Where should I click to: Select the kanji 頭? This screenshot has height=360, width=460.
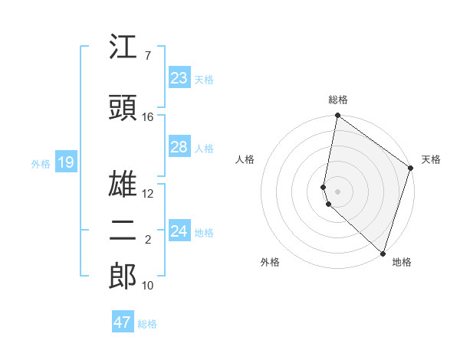tap(123, 108)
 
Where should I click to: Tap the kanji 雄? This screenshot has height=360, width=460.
tap(123, 185)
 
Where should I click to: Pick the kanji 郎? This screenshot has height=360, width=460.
tap(123, 277)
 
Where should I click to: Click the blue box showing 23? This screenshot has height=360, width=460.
tap(179, 78)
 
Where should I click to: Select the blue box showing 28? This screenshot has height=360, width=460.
tap(179, 147)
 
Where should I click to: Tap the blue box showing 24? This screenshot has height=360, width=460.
tap(179, 231)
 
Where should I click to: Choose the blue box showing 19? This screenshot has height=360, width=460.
tap(65, 162)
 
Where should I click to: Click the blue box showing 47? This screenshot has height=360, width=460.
tap(123, 322)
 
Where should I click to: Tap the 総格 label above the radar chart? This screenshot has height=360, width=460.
tap(338, 100)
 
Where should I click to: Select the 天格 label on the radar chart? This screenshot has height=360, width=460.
tap(431, 159)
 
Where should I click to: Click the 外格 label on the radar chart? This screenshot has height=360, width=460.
tap(270, 262)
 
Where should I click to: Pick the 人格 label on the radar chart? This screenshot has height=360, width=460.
tap(245, 159)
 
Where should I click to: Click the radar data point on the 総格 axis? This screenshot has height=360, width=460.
tap(337, 116)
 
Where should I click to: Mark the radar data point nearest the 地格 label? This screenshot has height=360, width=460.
tap(383, 254)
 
